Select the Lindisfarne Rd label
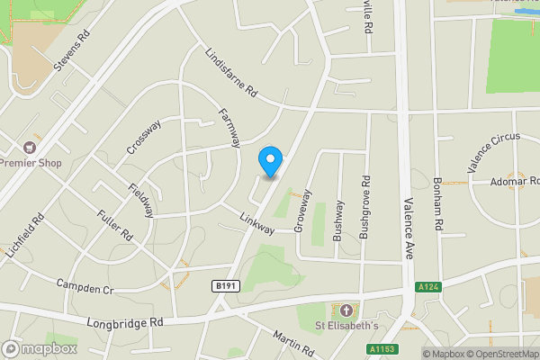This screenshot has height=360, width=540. (230, 74)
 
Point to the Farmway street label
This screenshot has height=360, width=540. (230, 128)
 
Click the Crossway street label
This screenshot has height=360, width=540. (143, 136)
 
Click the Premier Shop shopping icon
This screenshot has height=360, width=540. (30, 147)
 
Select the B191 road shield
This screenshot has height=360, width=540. (226, 286)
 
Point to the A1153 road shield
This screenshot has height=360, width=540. (382, 348)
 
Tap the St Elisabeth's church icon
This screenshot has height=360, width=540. (346, 310)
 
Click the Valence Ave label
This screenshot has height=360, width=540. (408, 229)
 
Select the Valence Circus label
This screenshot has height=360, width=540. (493, 154)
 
